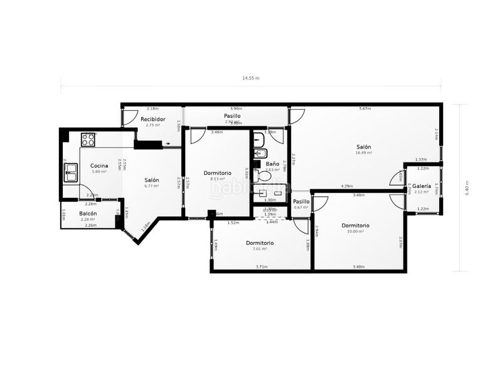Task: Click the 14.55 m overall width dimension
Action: (251, 78)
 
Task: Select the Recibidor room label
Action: (152, 119)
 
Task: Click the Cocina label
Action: (99, 165)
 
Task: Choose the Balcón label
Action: (88, 214)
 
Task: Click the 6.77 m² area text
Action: (152, 186)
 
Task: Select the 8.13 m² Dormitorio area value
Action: (217, 179)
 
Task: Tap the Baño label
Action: (272, 164)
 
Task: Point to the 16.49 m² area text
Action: (364, 152)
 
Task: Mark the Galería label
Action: (422, 185)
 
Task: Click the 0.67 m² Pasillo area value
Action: (301, 207)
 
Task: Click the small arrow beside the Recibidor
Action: (167, 144)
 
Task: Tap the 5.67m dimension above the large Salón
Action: (365, 109)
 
